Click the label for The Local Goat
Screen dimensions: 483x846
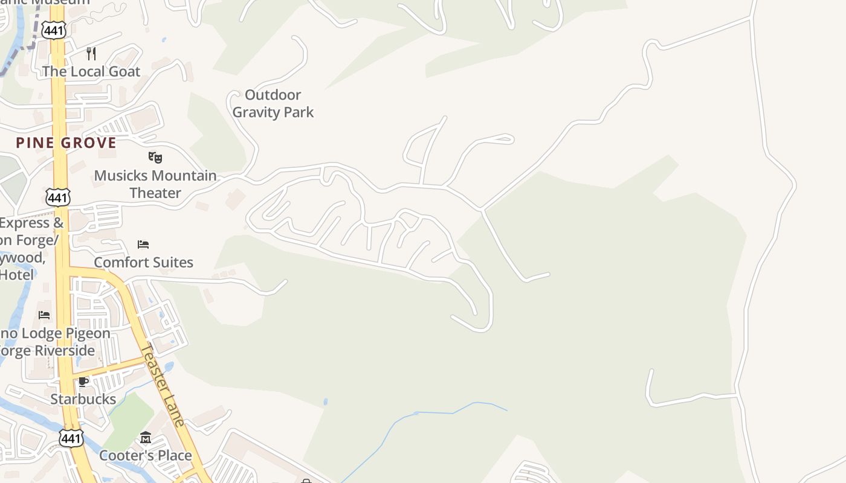point(91,71)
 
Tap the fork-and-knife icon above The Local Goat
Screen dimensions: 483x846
point(91,54)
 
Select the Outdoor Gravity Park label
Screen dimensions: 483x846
point(273,103)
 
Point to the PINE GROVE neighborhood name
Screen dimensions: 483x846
point(66,143)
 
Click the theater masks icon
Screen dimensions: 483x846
point(155,158)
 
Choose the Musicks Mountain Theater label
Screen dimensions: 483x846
point(155,184)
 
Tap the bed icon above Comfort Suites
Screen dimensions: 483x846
point(143,245)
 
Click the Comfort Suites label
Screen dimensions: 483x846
point(143,262)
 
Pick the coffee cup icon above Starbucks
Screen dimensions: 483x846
point(83,382)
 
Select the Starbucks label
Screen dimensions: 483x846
point(83,399)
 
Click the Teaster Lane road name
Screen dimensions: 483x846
point(163,385)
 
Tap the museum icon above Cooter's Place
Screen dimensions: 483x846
point(146,438)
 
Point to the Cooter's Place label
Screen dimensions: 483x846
point(146,455)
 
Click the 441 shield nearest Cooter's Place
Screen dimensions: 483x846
point(71,438)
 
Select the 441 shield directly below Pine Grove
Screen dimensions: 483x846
point(57,197)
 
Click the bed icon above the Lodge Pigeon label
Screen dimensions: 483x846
point(44,315)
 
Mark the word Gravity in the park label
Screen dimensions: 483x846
point(257,112)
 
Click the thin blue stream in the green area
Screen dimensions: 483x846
point(423,413)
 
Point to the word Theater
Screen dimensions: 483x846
point(155,193)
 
